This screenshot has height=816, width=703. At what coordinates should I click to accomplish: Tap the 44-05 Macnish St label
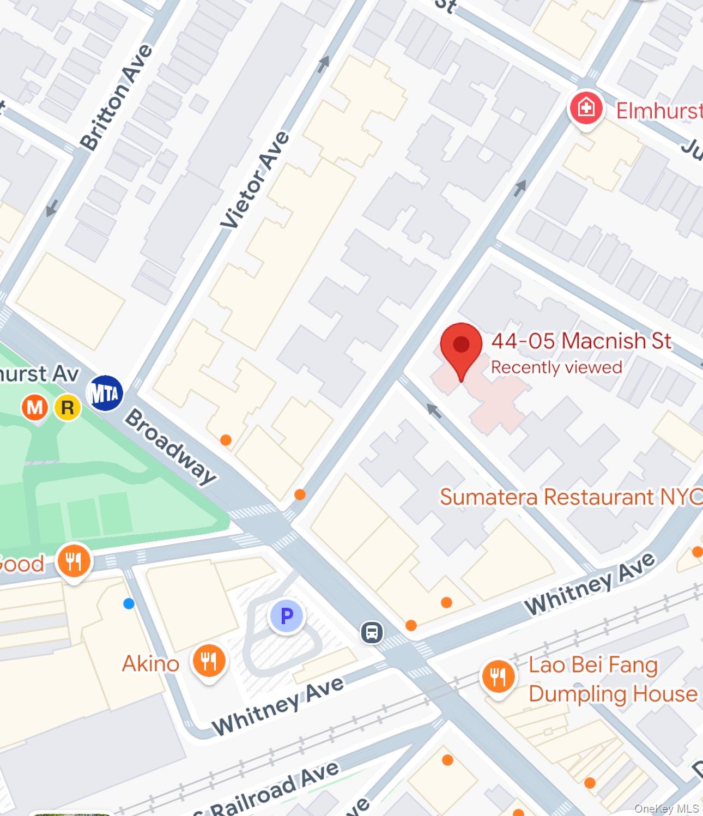(x=581, y=341)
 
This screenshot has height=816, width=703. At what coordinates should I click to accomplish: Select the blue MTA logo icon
(x=105, y=393)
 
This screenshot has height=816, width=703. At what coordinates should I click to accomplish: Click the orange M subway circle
(x=35, y=408)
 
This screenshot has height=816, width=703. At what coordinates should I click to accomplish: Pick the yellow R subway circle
(x=68, y=408)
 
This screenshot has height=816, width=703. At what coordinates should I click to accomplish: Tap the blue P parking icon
(x=287, y=616)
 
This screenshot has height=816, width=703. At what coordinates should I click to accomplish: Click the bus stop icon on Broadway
(x=372, y=633)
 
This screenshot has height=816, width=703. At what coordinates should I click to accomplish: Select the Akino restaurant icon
(x=208, y=662)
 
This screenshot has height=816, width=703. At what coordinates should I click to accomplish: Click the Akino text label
(x=150, y=664)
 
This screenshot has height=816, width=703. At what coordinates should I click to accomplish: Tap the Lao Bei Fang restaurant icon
(x=498, y=677)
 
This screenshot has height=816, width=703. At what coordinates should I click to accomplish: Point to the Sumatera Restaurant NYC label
(x=570, y=497)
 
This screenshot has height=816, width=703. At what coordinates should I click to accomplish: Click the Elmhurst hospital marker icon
(x=586, y=108)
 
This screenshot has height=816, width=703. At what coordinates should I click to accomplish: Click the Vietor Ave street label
(x=254, y=179)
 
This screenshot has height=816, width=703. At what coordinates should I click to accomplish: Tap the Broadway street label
(x=171, y=446)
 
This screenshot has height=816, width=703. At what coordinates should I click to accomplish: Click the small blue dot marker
(x=129, y=603)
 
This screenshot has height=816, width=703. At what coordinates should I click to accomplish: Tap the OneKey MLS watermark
(x=666, y=808)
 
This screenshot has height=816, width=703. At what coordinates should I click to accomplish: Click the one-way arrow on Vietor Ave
(x=324, y=64)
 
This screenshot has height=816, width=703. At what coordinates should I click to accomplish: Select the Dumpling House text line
(x=613, y=694)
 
